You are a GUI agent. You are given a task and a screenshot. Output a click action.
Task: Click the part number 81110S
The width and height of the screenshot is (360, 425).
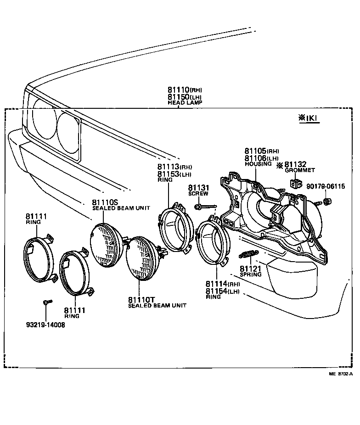[x=105, y=202]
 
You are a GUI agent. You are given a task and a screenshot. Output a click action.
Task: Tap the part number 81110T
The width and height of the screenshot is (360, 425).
[x=142, y=300]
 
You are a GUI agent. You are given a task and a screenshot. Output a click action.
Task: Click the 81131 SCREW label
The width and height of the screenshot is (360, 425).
[x=198, y=190]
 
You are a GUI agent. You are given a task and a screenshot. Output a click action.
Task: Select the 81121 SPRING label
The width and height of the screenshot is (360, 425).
[x=250, y=271]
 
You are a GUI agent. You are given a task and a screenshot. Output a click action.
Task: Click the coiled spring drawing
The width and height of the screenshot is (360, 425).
[x=248, y=254]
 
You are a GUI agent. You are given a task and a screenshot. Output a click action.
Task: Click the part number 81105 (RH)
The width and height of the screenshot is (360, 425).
[x=261, y=151]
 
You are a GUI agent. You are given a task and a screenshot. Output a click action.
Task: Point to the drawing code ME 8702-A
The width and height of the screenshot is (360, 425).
[x=340, y=374]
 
